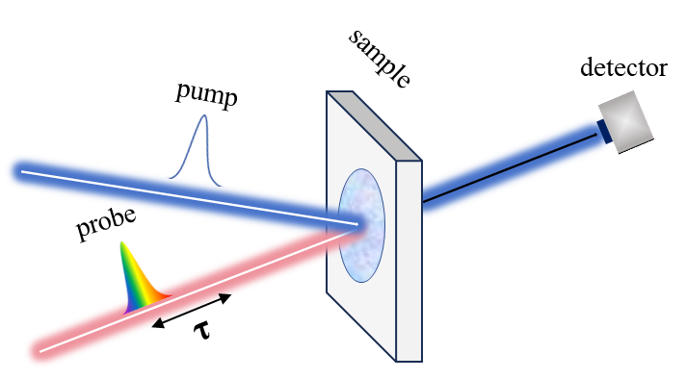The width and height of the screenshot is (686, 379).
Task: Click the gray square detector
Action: click(x=625, y=122)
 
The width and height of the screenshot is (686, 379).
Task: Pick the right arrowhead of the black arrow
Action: click(x=226, y=297)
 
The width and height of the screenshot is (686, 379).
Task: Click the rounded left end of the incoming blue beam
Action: click(x=19, y=171)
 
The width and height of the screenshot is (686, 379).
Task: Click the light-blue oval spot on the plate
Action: click(x=362, y=225)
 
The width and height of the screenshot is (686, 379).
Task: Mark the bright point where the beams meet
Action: click(x=359, y=225)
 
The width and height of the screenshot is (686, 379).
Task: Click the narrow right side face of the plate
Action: click(x=409, y=260)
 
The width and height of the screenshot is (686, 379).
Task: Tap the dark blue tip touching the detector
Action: click(x=604, y=131)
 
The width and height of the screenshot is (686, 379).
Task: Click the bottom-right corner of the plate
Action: click(x=420, y=361)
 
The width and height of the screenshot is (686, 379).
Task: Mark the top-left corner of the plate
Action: click(x=328, y=92)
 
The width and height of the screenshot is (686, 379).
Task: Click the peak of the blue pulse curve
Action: click(x=203, y=116)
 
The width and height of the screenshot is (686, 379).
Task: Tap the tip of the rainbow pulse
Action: click(x=121, y=242)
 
